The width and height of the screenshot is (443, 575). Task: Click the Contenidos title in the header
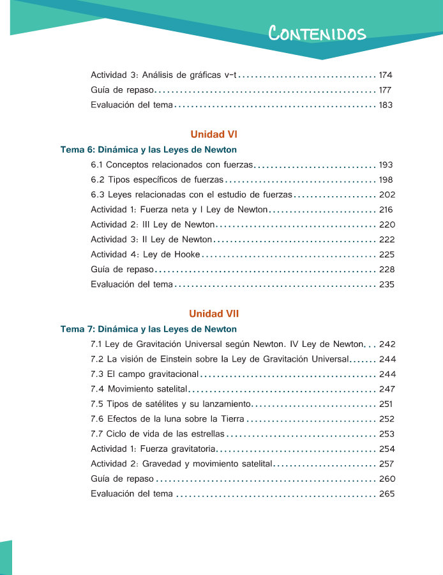point(317,33)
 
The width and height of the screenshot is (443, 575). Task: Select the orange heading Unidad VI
point(214,134)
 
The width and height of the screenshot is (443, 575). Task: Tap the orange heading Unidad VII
point(214,314)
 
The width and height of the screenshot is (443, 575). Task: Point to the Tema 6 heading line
point(149,150)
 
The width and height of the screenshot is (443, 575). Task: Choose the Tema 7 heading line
point(149,330)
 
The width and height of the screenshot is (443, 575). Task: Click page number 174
point(386,75)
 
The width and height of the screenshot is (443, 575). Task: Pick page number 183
point(386,105)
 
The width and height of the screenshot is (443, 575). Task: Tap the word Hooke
point(186,255)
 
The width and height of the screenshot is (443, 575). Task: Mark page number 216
point(386,210)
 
